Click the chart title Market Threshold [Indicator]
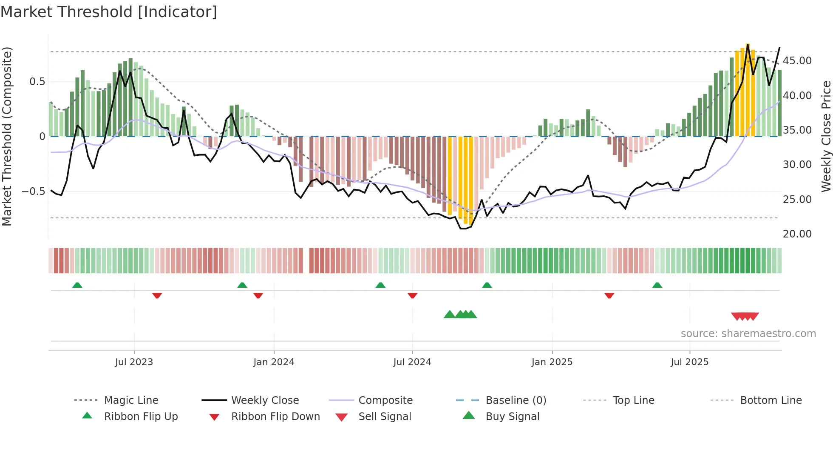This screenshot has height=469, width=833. [x=109, y=12]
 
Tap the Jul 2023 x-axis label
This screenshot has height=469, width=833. [x=134, y=362]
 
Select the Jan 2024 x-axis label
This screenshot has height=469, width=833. [x=274, y=362]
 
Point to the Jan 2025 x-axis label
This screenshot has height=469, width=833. [x=552, y=362]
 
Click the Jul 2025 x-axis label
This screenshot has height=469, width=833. [x=689, y=362]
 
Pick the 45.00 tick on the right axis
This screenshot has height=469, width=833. [x=797, y=61]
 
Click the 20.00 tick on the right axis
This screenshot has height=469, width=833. [x=797, y=234]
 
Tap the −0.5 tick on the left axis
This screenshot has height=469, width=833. [x=34, y=192]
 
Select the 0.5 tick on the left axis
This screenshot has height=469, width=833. [x=37, y=82]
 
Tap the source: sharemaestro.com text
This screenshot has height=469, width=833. [x=748, y=334]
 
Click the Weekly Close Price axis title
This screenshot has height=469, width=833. [x=826, y=136]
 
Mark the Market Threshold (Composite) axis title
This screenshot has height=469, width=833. [x=7, y=136]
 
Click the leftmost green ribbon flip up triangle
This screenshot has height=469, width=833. [x=77, y=285]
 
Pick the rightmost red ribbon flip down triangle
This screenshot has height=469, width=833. [x=609, y=295]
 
